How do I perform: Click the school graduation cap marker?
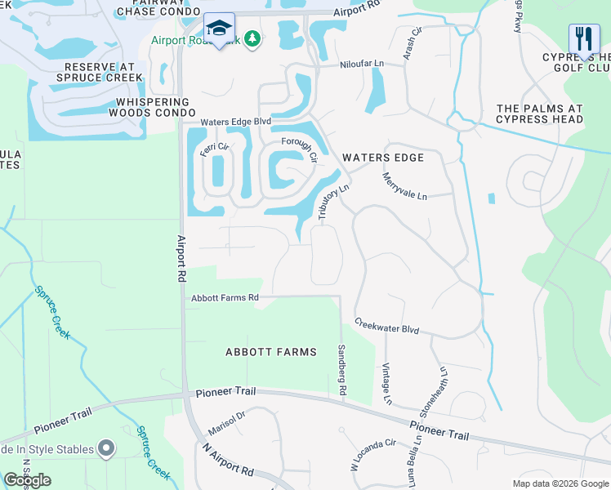tap(219, 27)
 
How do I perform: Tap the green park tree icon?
tap(253, 38)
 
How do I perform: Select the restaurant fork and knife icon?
tap(584, 39)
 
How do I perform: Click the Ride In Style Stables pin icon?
tap(106, 448)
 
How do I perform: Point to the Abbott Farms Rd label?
tap(225, 298)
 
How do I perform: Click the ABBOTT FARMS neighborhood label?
tap(271, 352)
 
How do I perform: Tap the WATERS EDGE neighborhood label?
tap(383, 158)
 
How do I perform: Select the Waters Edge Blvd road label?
tap(236, 122)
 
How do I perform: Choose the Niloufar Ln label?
tap(362, 64)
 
